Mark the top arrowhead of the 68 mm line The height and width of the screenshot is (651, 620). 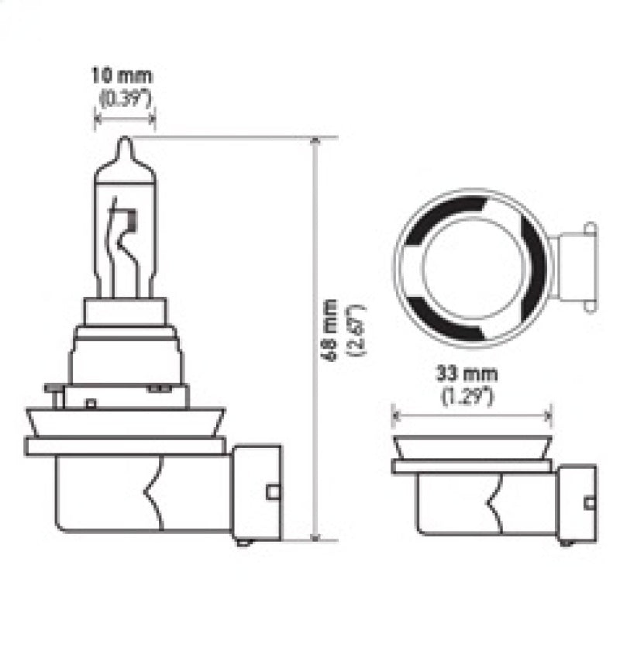(x=315, y=142)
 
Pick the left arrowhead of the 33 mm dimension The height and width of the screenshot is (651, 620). (x=396, y=416)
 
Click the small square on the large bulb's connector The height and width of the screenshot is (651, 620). (x=271, y=491)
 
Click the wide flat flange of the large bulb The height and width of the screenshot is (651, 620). (x=126, y=446)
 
